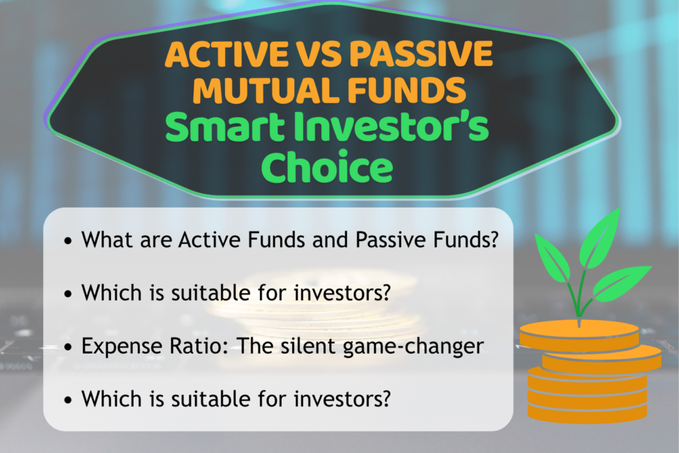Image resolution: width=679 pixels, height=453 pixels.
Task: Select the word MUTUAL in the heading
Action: pyautogui.click(x=264, y=91)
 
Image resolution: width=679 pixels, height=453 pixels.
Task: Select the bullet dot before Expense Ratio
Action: pyautogui.click(x=68, y=347)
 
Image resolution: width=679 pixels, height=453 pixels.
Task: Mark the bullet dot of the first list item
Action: pyautogui.click(x=68, y=241)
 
